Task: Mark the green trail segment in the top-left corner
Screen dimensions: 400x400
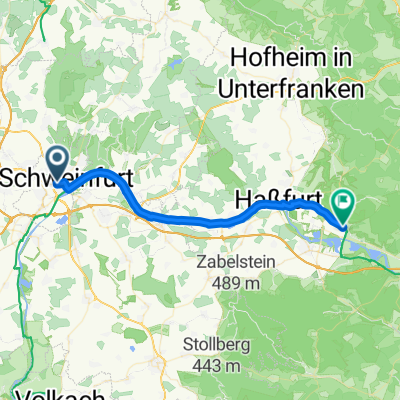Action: (46, 8)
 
